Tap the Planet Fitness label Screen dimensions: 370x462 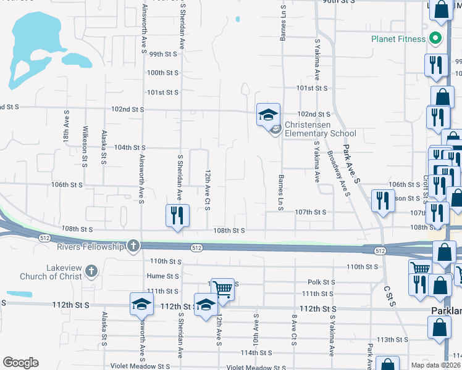tap(398, 39)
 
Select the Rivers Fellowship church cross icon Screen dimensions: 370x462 tap(133, 247)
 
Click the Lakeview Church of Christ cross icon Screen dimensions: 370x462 tap(91, 271)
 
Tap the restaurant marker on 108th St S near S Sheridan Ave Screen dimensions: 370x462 tap(177, 216)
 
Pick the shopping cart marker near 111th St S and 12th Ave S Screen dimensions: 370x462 tap(222, 288)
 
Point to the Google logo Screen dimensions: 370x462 tap(20, 363)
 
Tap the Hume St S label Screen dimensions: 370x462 tap(162, 276)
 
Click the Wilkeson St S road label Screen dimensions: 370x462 tap(85, 143)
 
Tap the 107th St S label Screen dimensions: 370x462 tap(310, 212)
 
